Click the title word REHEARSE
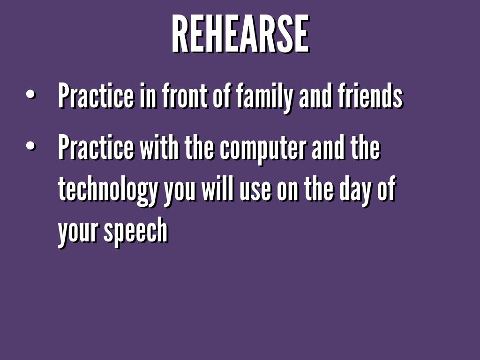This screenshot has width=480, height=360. tap(240, 34)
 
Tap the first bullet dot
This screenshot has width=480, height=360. tap(31, 95)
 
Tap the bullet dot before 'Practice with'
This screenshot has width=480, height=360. tap(31, 146)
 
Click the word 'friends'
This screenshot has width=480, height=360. tap(371, 96)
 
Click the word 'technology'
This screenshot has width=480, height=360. tap(107, 191)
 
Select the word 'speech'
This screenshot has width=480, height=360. tap(136, 232)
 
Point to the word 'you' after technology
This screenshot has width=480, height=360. tap(179, 194)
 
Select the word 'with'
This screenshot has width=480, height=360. tap(159, 148)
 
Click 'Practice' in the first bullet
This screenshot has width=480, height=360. tap(96, 96)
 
